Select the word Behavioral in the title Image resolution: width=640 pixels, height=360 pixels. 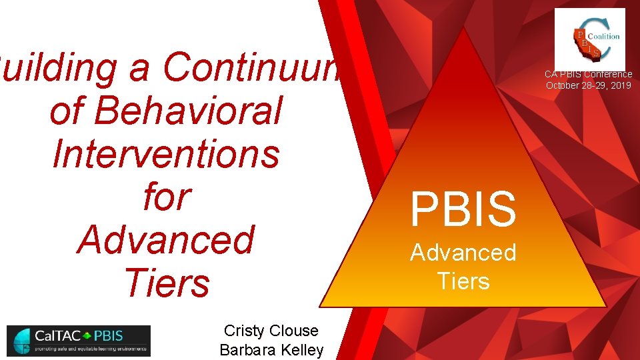pyautogui.click(x=165, y=110)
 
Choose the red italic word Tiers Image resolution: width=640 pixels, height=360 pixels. pyautogui.click(x=165, y=282)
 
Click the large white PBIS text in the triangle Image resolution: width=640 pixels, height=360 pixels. pyautogui.click(x=463, y=208)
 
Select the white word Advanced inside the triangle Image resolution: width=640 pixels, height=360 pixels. pyautogui.click(x=463, y=252)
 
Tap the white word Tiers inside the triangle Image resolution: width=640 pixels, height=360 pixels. pyautogui.click(x=463, y=281)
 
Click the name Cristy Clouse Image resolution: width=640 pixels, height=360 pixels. pyautogui.click(x=271, y=331)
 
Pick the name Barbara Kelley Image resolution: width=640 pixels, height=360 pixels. pyautogui.click(x=271, y=350)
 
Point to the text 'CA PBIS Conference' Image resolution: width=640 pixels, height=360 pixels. pyautogui.click(x=588, y=75)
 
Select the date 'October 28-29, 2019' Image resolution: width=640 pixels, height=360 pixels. pyautogui.click(x=588, y=85)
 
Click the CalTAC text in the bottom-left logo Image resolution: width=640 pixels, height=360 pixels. pyautogui.click(x=51, y=335)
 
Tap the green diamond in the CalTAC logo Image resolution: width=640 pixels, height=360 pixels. pyautogui.click(x=87, y=335)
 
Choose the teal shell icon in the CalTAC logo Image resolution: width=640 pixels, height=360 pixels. pyautogui.click(x=21, y=341)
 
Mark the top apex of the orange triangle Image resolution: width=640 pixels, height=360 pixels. pyautogui.click(x=465, y=27)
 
